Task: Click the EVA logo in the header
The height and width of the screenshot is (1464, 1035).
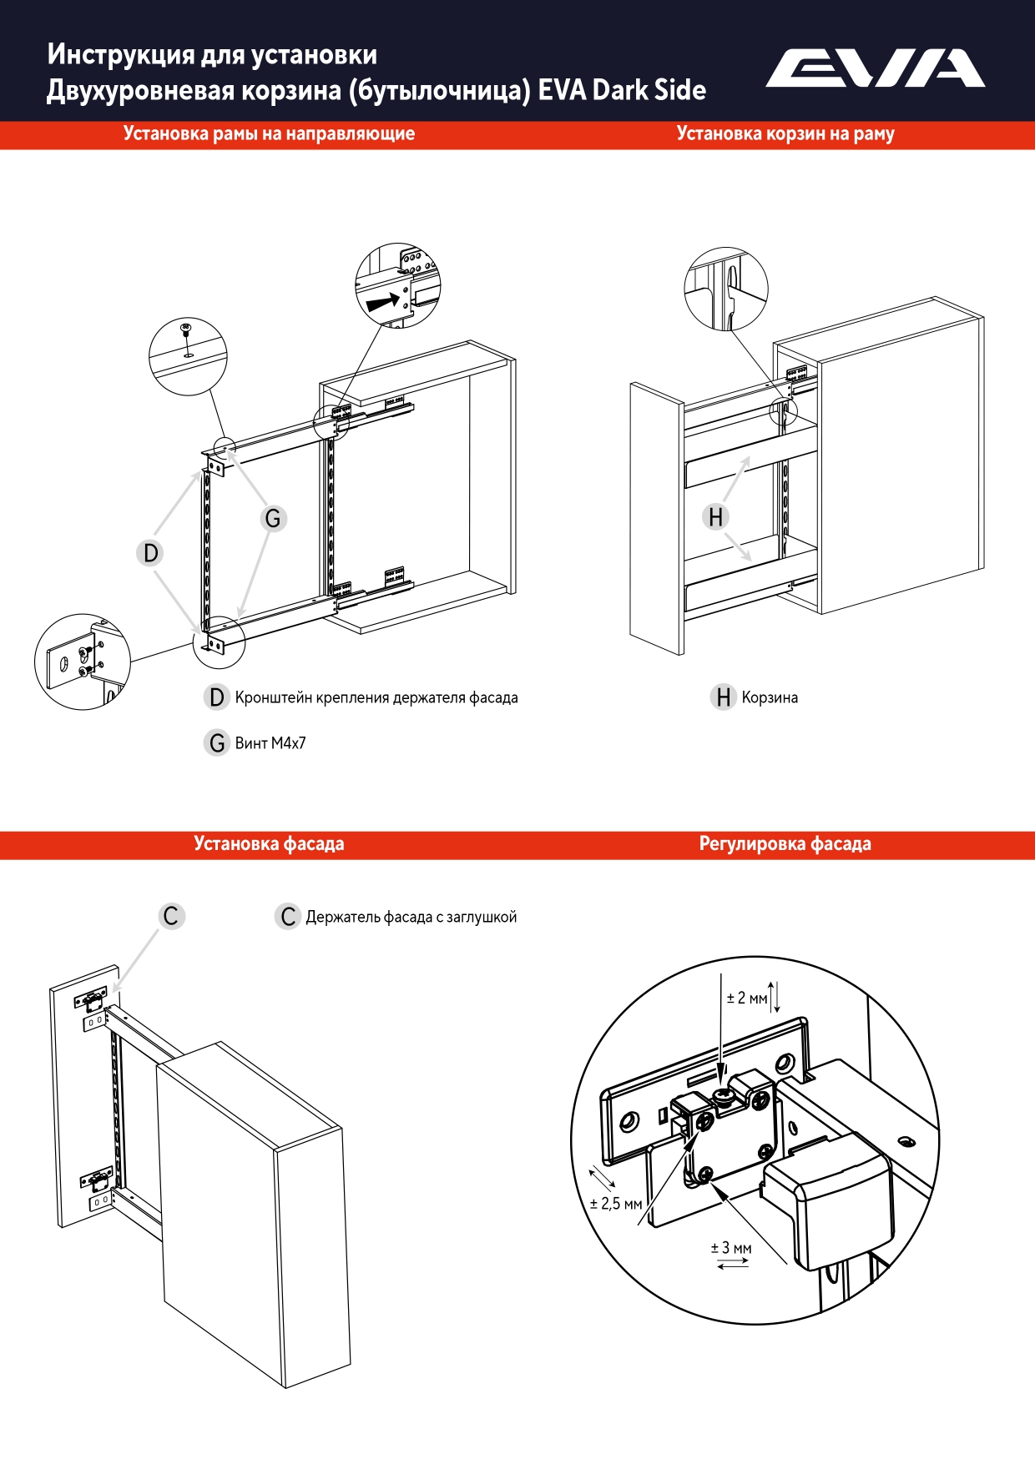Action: (x=875, y=68)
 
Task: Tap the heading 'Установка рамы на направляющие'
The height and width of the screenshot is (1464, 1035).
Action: (x=269, y=134)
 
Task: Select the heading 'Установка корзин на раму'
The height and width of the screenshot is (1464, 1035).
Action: (x=785, y=134)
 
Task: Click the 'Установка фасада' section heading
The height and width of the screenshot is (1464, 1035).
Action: (x=269, y=844)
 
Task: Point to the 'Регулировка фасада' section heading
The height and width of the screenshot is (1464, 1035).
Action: (x=785, y=844)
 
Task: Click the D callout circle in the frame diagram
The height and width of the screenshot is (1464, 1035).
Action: (x=150, y=553)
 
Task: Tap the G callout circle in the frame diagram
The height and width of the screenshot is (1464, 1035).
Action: (x=273, y=519)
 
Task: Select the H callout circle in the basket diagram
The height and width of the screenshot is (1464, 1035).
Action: (x=715, y=517)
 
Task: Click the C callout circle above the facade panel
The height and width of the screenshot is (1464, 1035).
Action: (x=171, y=916)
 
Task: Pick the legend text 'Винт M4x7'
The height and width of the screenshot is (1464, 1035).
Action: (x=270, y=743)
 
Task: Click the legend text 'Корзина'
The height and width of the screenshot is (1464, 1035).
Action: (x=770, y=698)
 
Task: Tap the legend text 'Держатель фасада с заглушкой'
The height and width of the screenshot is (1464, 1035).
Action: (x=411, y=918)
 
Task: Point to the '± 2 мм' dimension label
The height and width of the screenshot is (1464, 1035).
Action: (x=746, y=999)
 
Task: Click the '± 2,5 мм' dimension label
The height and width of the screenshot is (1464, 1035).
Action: (x=616, y=1204)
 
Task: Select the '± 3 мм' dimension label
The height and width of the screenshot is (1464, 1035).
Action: (x=731, y=1249)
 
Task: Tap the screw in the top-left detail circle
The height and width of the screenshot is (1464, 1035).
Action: (x=186, y=329)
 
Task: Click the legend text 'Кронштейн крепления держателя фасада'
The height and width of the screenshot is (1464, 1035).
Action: (x=376, y=698)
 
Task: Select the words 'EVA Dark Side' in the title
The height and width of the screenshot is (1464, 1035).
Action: (x=622, y=90)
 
